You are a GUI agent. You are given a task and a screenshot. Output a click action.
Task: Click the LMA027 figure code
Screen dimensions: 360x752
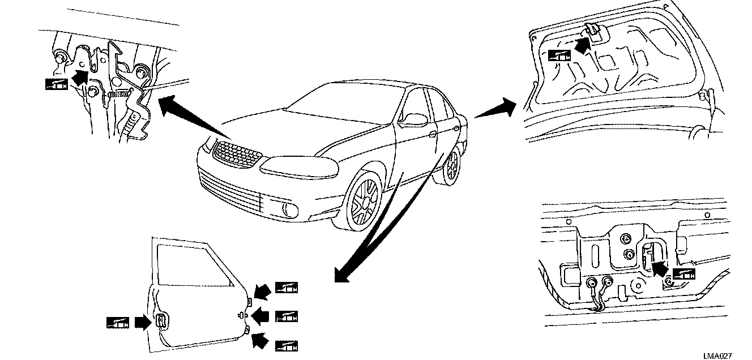pyautogui.click(x=717, y=355)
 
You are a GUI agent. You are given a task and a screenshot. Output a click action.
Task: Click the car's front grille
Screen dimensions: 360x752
pyautogui.click(x=237, y=153)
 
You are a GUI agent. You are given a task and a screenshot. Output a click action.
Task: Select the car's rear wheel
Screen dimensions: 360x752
pyautogui.click(x=451, y=168)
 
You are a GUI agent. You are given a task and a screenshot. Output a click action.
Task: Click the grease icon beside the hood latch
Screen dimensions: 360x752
pyautogui.click(x=56, y=84)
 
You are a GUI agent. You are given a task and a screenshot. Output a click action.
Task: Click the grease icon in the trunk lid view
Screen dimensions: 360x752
pyautogui.click(x=558, y=55)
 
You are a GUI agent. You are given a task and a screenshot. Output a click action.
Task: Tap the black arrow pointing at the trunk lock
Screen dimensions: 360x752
pyautogui.click(x=659, y=267)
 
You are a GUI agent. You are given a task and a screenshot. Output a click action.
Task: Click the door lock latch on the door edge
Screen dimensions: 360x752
pyautogui.click(x=161, y=321)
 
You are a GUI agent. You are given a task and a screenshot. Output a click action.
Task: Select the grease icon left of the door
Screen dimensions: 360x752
pyautogui.click(x=117, y=322)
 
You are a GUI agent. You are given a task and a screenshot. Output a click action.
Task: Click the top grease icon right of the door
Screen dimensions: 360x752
pyautogui.click(x=286, y=288)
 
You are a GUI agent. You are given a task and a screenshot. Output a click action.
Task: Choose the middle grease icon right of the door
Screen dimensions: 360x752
pyautogui.click(x=286, y=316)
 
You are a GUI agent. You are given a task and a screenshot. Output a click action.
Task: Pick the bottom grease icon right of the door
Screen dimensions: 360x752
pyautogui.click(x=286, y=345)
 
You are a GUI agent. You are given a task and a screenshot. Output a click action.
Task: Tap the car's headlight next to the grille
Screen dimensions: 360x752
pyautogui.click(x=294, y=165)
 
